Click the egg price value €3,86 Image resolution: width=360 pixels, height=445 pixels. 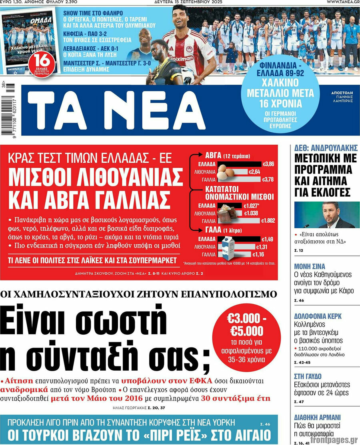pyautogui.click(x=268, y=164)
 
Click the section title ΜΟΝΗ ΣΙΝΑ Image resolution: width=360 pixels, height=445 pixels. pyautogui.click(x=310, y=266)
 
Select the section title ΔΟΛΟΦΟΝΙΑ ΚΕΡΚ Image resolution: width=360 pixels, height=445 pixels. pyautogui.click(x=318, y=316)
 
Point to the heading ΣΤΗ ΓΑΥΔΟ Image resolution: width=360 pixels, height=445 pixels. pyautogui.click(x=308, y=376)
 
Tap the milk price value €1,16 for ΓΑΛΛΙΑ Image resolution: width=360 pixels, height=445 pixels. pyautogui.click(x=258, y=254)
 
